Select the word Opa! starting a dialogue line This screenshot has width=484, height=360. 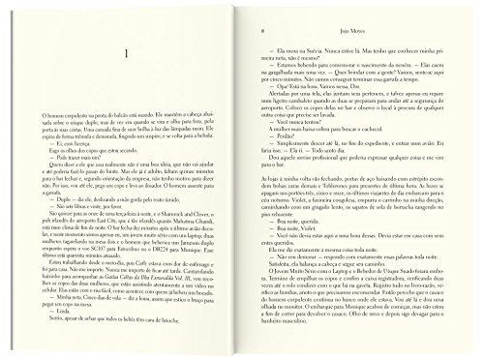pos(272,85)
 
